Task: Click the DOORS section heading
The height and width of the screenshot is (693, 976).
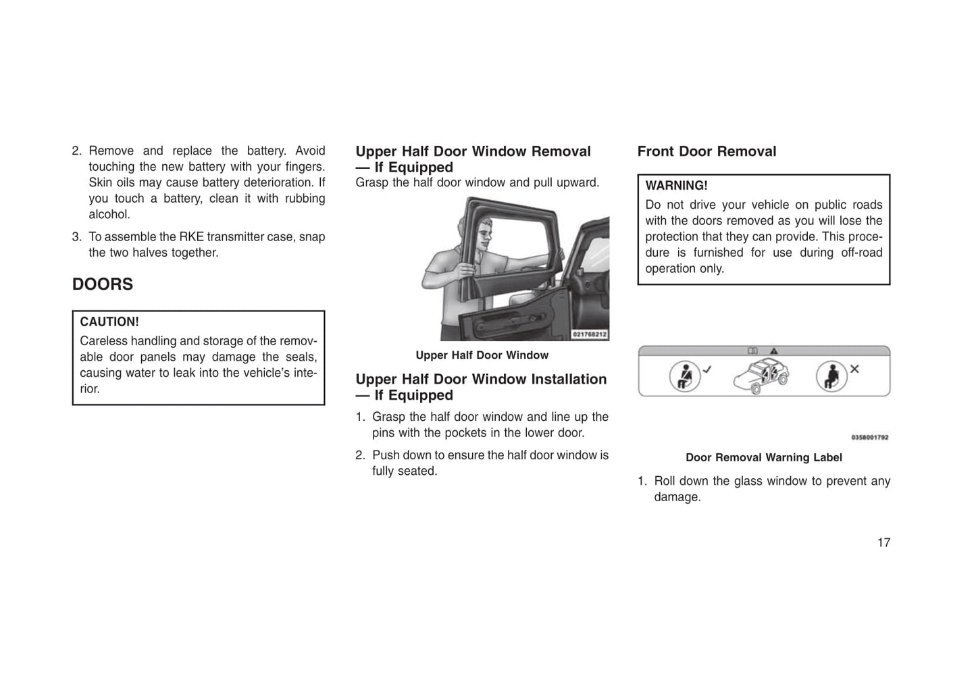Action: (103, 284)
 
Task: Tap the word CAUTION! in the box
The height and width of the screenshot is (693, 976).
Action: (109, 322)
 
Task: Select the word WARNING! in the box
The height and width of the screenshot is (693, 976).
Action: (676, 186)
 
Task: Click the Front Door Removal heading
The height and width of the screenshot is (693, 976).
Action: (707, 151)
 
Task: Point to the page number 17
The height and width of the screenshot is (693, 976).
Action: (883, 542)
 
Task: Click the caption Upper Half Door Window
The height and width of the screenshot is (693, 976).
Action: (482, 355)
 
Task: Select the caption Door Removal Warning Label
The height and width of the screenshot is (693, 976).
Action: (763, 457)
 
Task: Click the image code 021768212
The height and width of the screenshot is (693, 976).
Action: (590, 334)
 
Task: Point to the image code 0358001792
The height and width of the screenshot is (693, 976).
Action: (869, 437)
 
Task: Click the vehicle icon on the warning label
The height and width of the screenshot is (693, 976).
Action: (762, 375)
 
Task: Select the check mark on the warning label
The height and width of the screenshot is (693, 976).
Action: (707, 369)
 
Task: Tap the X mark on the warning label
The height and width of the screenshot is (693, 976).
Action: (854, 369)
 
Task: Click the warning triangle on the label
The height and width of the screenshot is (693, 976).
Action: (773, 351)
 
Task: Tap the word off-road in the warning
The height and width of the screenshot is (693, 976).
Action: (861, 253)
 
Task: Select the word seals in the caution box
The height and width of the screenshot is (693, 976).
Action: (301, 357)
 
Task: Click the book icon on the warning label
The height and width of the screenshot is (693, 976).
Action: (752, 351)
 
